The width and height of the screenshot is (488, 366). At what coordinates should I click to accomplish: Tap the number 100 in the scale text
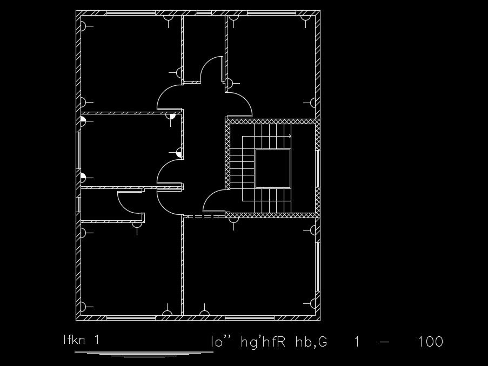tap(431, 342)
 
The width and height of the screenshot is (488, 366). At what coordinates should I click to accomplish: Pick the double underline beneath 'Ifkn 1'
tap(143, 353)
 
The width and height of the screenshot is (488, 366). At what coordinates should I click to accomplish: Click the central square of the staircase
tap(273, 168)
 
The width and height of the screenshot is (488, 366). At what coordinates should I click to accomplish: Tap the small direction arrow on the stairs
tap(289, 137)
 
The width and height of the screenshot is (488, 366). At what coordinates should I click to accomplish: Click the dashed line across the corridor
tap(204, 217)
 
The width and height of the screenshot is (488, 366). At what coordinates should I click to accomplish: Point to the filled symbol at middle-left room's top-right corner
tap(171, 116)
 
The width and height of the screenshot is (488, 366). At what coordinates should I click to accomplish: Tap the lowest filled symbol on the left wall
tap(83, 177)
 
